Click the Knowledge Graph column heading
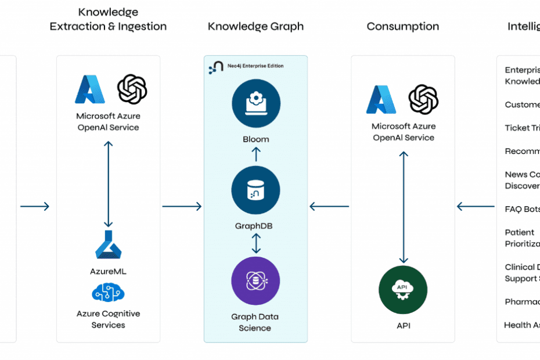255,27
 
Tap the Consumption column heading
402,27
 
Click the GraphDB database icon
255,190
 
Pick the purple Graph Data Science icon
255,281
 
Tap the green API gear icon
403,290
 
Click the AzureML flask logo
109,244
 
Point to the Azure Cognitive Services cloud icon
109,292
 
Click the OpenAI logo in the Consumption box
423,99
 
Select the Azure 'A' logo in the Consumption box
381,99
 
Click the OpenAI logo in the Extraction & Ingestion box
132,89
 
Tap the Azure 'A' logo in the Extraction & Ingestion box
90,89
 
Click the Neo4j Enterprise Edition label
254,66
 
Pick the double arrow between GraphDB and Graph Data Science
255,243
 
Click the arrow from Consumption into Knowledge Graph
329,206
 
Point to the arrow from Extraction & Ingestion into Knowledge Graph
182,206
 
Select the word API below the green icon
403,326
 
